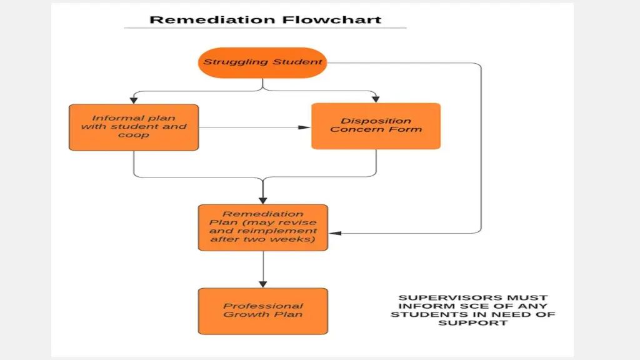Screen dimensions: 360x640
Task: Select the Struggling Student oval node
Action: click(262, 62)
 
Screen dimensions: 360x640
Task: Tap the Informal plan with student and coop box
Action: click(134, 127)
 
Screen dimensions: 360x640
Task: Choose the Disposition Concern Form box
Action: click(376, 126)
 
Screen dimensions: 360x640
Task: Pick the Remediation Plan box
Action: click(263, 227)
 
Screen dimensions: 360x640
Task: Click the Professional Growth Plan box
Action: click(263, 311)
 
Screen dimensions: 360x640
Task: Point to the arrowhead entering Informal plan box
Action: click(134, 99)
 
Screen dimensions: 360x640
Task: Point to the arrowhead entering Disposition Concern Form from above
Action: click(376, 99)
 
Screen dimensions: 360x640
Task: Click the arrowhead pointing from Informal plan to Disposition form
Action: click(304, 127)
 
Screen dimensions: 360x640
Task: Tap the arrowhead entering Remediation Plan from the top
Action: click(263, 199)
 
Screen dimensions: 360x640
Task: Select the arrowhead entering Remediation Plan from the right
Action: click(335, 233)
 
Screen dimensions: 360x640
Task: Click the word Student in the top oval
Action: click(297, 62)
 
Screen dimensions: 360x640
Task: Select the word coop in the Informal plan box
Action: click(134, 135)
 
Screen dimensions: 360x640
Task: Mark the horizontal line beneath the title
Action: click(265, 28)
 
